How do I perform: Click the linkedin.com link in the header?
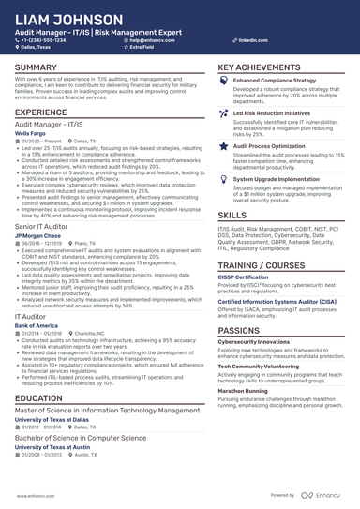(247, 41)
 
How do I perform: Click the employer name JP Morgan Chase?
(37, 234)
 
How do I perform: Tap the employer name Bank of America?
(36, 325)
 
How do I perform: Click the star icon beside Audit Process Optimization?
(223, 147)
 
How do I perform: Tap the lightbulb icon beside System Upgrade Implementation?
(223, 178)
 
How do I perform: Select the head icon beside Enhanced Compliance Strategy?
(223, 82)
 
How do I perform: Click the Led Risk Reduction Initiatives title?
(270, 112)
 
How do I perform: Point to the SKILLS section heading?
(233, 215)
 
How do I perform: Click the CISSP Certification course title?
(244, 278)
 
